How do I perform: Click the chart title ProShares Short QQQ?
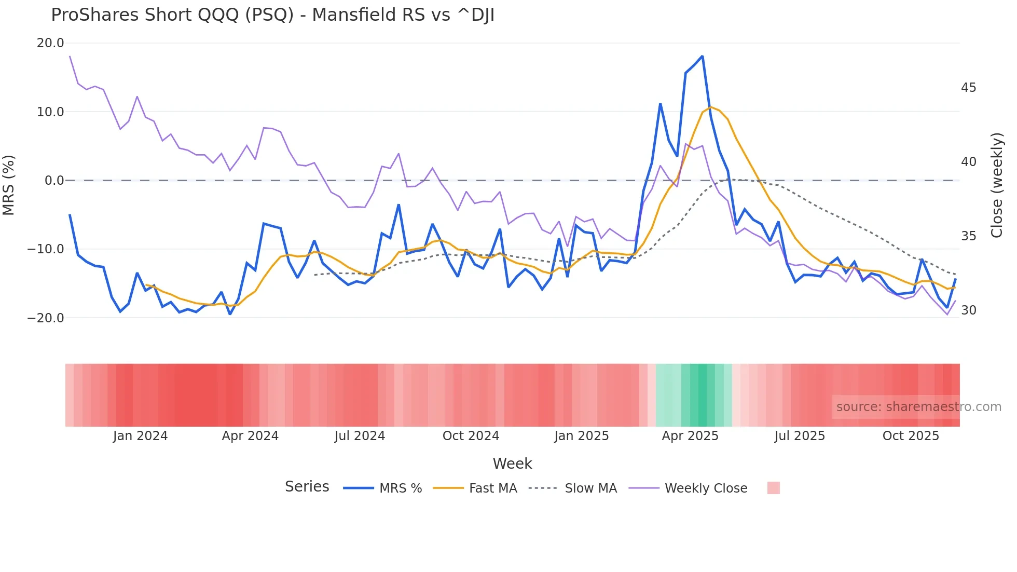[272, 15]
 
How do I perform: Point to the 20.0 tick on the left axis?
[50, 43]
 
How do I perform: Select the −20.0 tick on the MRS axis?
[46, 318]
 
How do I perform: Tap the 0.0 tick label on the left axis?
[54, 181]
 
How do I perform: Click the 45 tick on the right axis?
[968, 88]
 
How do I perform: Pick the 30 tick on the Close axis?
[968, 310]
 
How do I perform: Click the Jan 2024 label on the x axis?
[140, 436]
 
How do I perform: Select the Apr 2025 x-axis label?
[690, 436]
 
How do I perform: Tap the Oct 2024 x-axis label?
[471, 436]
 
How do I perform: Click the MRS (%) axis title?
[9, 185]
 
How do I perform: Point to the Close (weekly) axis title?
[997, 185]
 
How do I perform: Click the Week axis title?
[512, 464]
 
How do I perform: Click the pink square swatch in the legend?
[773, 488]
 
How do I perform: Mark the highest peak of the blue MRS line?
[702, 56]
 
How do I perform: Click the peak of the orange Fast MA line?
[710, 107]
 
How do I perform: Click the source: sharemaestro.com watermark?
[918, 407]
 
